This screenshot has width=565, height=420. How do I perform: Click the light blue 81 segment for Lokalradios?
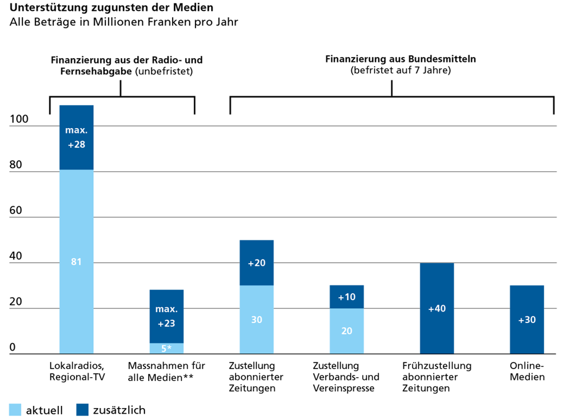point(76,262)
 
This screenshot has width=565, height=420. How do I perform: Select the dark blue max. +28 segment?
point(76,138)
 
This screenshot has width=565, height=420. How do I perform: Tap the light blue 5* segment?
point(167,348)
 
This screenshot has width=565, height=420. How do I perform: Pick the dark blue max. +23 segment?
point(167,316)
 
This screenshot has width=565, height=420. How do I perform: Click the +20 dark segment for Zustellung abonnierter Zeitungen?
point(257,263)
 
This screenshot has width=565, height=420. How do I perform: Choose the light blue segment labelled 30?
point(257,320)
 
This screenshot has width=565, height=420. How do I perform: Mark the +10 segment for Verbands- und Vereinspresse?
point(347,297)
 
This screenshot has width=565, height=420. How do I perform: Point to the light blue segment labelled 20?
point(347,330)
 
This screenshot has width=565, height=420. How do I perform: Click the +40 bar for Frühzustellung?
point(437,308)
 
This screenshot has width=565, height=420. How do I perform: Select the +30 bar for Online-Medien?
point(527,320)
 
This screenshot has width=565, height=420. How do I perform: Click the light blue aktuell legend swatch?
point(15,410)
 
